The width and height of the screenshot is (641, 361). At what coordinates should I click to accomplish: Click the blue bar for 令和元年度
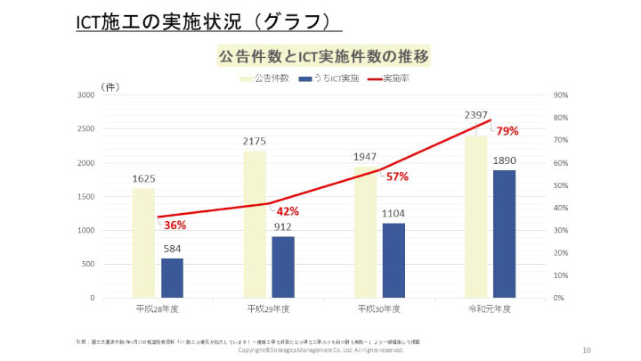pos(504,234)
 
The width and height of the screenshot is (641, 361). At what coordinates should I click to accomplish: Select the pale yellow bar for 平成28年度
pos(143,242)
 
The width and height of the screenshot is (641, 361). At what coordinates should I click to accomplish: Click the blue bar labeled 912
pos(283,267)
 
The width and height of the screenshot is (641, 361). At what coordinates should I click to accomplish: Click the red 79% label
pos(507,131)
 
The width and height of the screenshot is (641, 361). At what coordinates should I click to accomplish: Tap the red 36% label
pos(174,226)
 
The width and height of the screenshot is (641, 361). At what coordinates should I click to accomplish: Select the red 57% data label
pos(397,176)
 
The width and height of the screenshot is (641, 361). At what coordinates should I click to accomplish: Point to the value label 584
pos(173,249)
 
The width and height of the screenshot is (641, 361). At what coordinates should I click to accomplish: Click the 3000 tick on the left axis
pos(85,95)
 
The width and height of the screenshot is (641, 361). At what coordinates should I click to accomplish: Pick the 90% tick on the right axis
pos(561,95)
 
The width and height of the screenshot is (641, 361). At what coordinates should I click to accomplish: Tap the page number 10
pos(586,349)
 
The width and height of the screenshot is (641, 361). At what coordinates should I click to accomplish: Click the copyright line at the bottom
pos(320,350)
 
